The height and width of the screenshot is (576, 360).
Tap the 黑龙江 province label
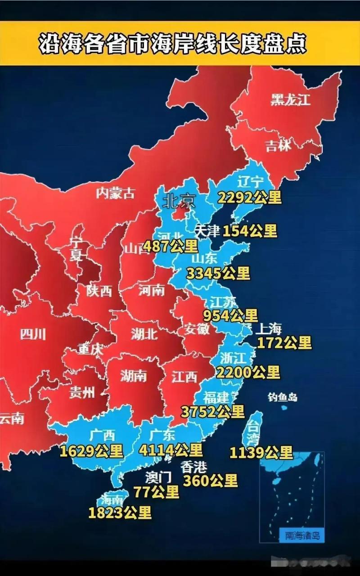290,99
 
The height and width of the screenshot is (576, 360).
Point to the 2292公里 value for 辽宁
249,197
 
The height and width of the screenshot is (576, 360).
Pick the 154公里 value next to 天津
250,231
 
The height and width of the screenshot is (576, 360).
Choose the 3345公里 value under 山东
218,273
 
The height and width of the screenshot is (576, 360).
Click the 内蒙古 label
116,193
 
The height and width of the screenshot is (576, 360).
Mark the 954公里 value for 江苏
230,315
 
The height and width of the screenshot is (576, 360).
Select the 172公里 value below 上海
284,342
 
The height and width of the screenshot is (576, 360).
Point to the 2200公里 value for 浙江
248,372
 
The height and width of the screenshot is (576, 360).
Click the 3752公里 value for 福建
213,411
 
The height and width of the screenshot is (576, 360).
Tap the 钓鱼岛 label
282,397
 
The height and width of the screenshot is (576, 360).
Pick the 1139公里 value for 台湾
261,452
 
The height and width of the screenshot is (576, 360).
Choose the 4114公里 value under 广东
171,450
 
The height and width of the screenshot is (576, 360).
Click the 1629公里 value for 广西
91,451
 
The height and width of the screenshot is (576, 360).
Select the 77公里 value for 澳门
156,492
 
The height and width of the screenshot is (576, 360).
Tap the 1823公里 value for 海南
120,513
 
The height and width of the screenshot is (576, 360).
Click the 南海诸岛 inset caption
302,535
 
